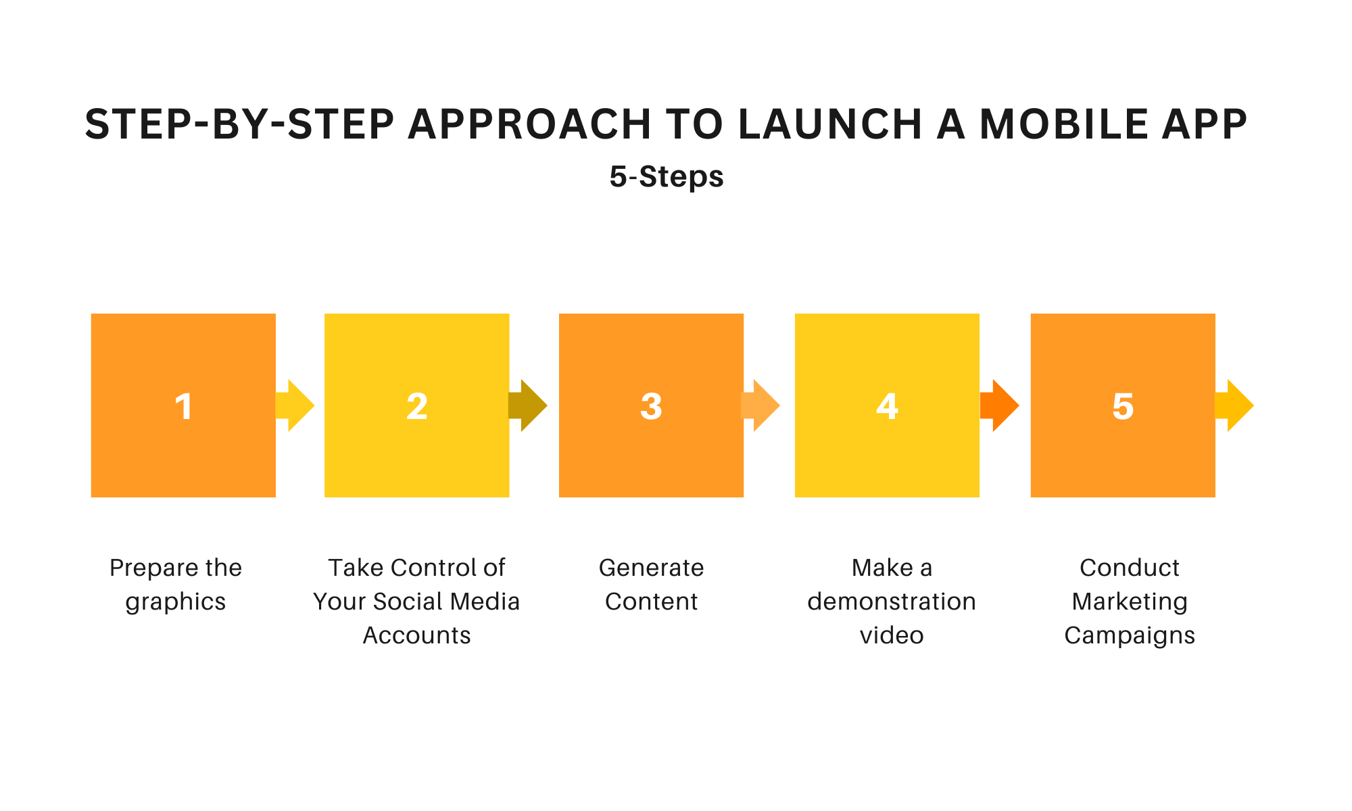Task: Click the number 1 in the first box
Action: pos(183,407)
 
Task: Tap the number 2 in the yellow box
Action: pos(417,407)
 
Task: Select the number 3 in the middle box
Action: pos(651,407)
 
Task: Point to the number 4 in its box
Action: pos(887,407)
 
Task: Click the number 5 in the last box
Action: pos(1123,407)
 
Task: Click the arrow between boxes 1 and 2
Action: pos(296,405)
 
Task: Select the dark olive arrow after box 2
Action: pos(529,405)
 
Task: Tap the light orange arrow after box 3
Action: pos(762,405)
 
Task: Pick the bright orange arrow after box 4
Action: pos(1000,405)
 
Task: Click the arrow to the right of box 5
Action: pos(1235,405)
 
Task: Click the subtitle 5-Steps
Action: pos(667,177)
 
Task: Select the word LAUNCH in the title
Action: pos(830,125)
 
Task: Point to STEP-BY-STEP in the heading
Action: pos(239,125)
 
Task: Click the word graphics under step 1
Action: pos(176,602)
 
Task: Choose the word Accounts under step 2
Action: pos(417,635)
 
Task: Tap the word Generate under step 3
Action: pos(651,568)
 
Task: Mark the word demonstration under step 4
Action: pos(892,601)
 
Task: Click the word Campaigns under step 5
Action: pos(1130,636)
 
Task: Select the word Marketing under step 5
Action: pos(1130,601)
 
